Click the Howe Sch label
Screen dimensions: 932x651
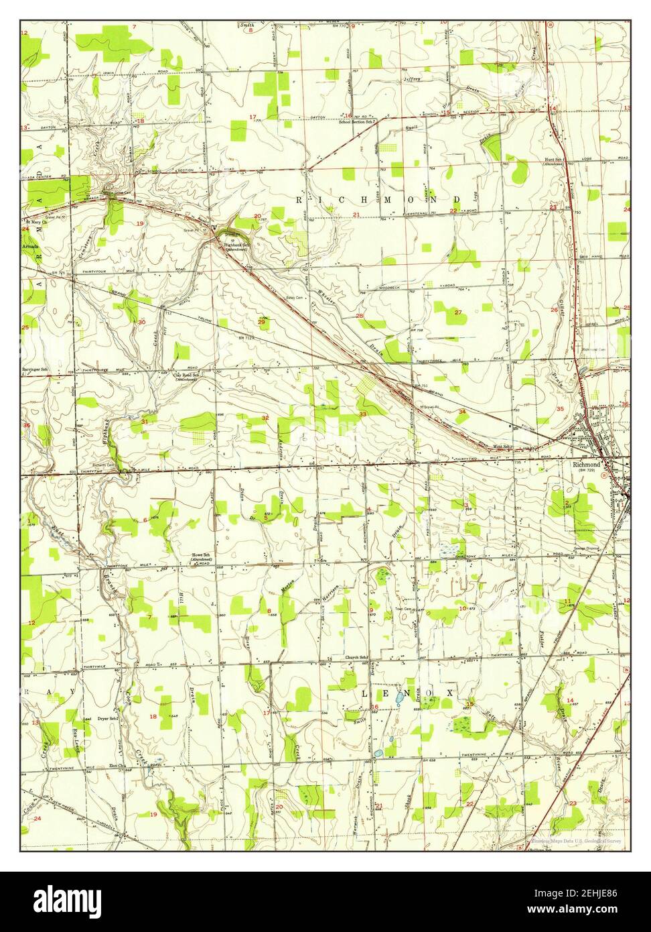202,555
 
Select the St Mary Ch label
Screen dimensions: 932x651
35,221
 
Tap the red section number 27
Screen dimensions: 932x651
458,312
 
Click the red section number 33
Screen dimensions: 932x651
362,415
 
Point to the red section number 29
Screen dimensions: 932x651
261,323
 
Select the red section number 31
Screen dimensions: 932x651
145,421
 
